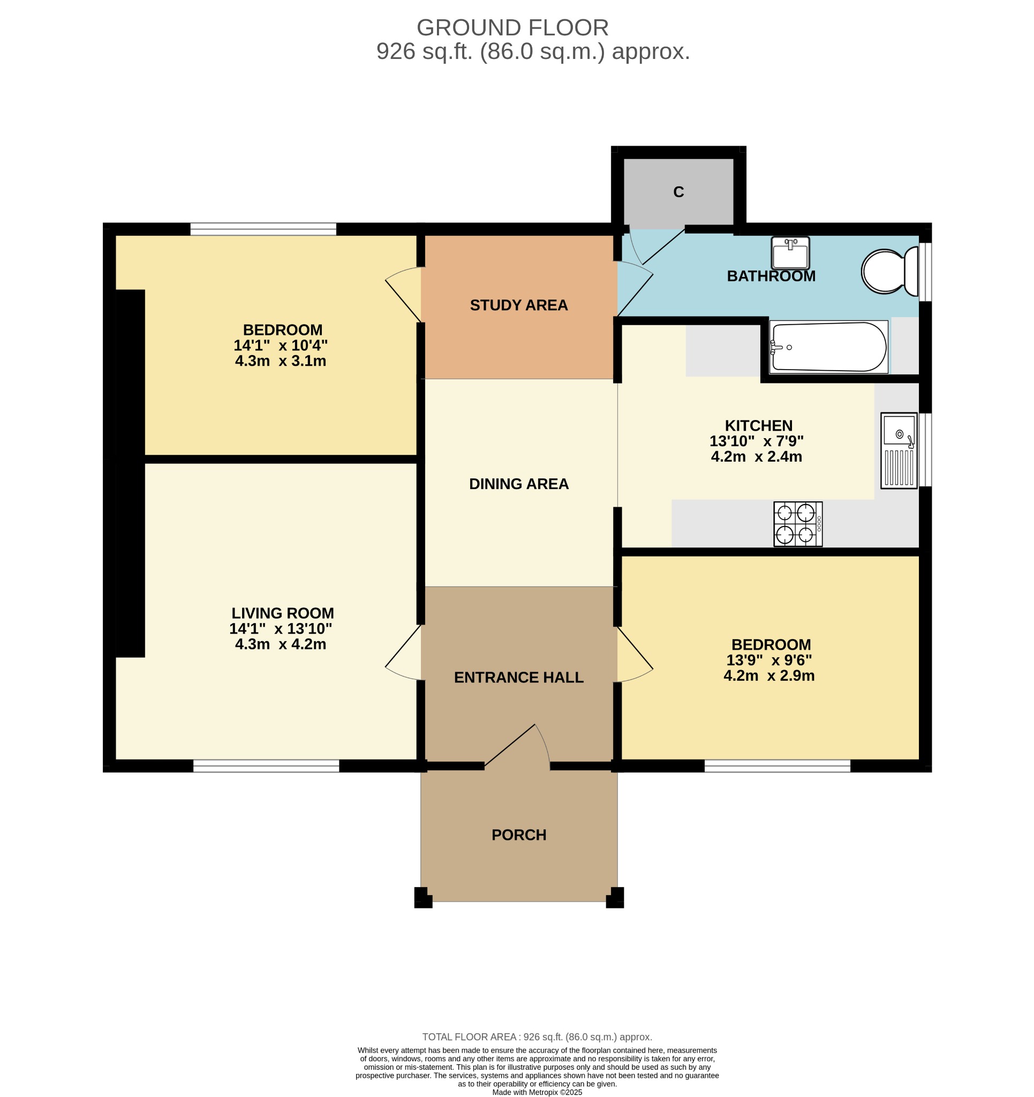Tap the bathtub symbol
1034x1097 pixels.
(829, 347)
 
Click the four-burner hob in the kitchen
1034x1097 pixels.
(798, 524)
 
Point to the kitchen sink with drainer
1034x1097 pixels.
(899, 450)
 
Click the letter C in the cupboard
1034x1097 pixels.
(678, 192)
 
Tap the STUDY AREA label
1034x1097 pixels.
(519, 305)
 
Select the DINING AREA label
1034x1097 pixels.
(519, 484)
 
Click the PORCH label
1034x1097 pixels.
(519, 835)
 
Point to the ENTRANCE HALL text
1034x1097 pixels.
(519, 678)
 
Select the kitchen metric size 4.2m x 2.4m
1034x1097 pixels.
(756, 457)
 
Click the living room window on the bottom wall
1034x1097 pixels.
(266, 766)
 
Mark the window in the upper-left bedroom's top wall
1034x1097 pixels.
(263, 229)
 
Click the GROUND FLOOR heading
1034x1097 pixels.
(512, 28)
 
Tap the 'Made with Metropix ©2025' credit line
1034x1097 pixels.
(537, 1092)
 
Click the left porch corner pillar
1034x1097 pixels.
(422, 897)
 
